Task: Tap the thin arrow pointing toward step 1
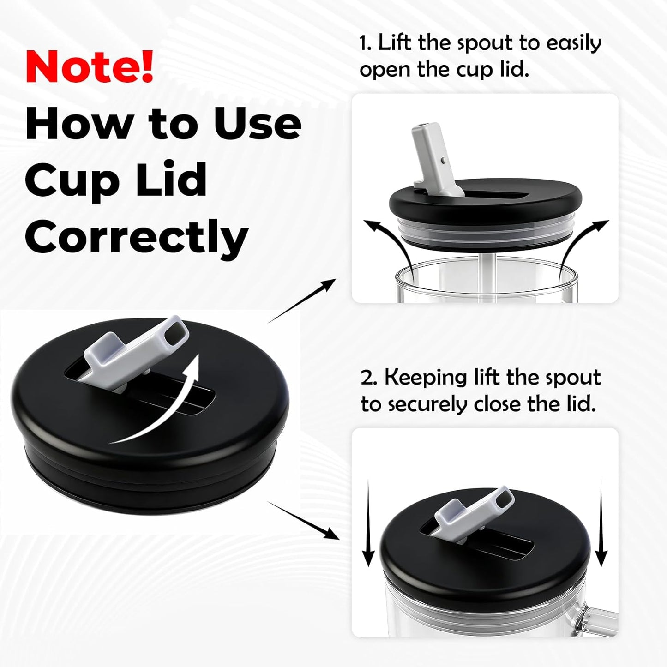tap(302, 300)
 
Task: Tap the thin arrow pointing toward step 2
tap(304, 525)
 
